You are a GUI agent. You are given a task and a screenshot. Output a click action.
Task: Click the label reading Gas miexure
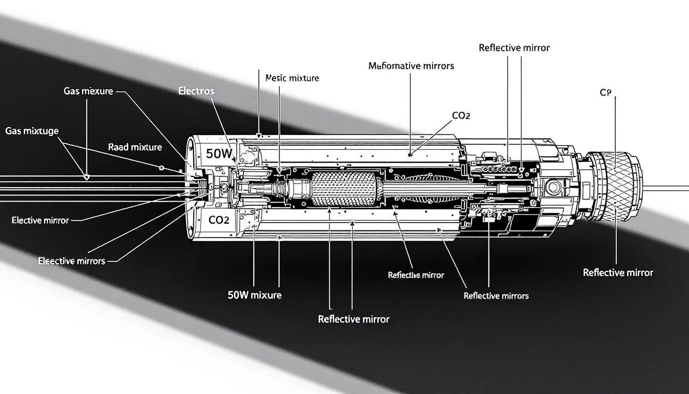coord(88,91)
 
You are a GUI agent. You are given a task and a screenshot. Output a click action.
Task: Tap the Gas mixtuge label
coord(32,131)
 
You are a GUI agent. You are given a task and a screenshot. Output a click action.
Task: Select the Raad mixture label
coord(135,147)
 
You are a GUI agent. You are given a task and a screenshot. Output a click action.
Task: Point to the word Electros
coord(196,91)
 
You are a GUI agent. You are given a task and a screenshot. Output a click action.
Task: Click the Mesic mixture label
coord(292,78)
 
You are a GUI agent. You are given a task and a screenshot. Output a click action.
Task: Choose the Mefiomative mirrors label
coord(411,66)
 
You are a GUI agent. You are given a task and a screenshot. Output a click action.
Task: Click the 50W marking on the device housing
coord(218,153)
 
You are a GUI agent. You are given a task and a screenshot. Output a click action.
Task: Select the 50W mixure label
coord(254,295)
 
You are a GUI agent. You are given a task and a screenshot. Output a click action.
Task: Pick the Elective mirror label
coord(40,220)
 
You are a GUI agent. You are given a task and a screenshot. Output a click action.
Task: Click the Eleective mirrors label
coord(71,261)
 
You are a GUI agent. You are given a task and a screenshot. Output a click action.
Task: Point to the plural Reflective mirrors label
coord(496,295)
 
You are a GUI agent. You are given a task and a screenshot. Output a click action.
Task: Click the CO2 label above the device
coord(461,116)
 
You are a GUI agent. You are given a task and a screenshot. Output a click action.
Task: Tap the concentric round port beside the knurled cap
coord(553,187)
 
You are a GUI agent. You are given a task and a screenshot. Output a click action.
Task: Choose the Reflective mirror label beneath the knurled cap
coord(618,272)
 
